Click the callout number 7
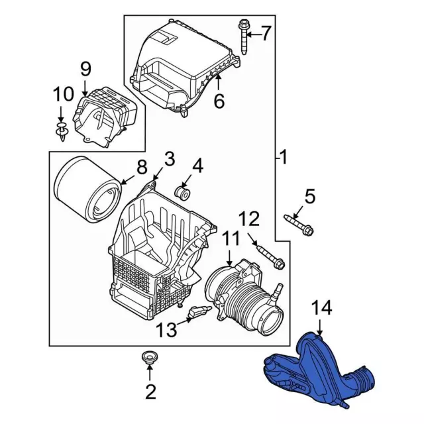point(266,32)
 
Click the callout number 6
point(219,101)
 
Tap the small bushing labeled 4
point(184,193)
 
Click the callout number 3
point(169,158)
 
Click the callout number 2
point(150,392)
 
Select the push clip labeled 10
point(62,131)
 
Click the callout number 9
point(85,68)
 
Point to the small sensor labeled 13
point(199,313)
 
